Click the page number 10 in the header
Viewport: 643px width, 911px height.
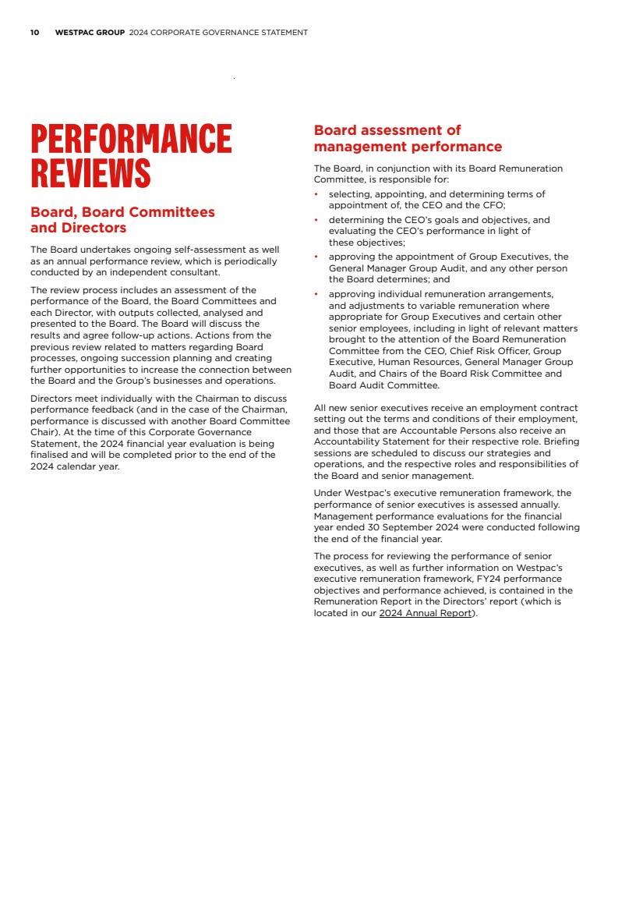click(34, 33)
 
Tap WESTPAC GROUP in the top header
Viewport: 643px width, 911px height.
click(90, 33)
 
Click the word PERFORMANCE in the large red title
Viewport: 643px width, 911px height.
click(131, 139)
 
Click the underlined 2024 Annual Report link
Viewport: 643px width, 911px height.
click(426, 613)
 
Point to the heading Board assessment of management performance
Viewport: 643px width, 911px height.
click(407, 138)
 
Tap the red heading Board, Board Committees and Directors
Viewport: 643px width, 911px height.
click(122, 220)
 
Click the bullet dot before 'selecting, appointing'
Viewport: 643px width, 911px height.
click(316, 194)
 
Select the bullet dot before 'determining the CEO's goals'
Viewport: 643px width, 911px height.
click(316, 221)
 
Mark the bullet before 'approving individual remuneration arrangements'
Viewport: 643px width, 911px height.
click(316, 295)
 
